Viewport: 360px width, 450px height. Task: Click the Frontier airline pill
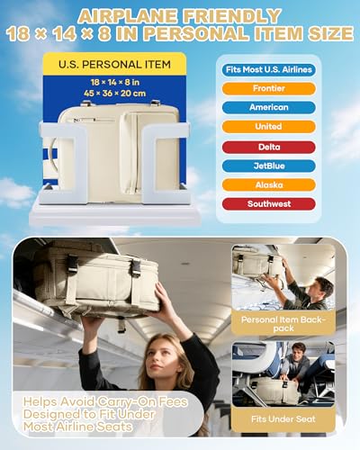point(269,88)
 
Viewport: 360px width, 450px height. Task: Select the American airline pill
point(269,107)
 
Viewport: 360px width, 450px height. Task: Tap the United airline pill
point(269,127)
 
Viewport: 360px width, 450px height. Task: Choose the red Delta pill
point(269,147)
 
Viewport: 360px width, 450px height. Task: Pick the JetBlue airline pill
point(269,166)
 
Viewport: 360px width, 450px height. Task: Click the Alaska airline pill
point(269,184)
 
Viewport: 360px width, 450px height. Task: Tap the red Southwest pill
point(269,204)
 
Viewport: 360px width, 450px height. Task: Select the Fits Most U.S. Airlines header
point(269,69)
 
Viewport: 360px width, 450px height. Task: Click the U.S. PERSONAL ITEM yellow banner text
point(114,65)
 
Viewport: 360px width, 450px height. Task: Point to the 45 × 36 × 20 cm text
point(115,94)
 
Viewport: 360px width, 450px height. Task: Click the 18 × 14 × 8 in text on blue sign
point(115,82)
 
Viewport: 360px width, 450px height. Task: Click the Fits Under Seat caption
point(283,419)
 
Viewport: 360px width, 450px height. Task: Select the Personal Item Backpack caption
point(283,324)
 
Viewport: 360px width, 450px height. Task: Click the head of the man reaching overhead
point(322,287)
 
